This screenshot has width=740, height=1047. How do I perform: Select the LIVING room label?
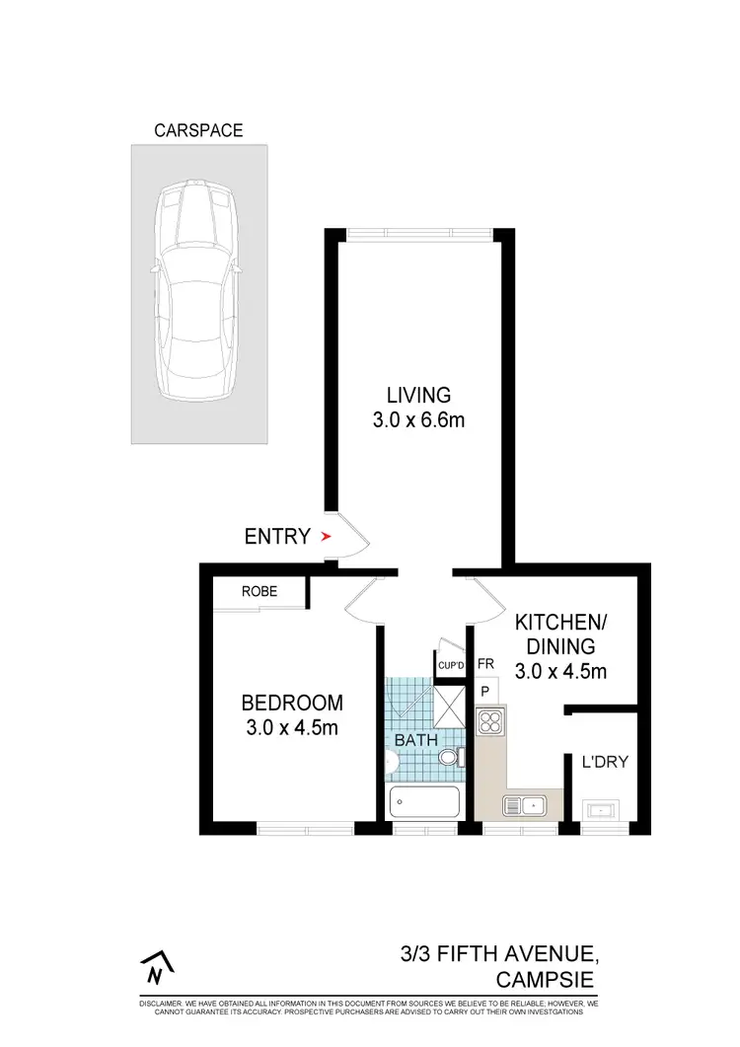click(x=417, y=395)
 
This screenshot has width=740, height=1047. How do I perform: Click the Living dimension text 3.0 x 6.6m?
click(x=417, y=421)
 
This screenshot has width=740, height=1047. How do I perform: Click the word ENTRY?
click(x=277, y=538)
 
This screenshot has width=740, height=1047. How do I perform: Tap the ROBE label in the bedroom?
click(x=259, y=592)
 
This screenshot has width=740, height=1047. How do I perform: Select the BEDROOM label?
click(x=292, y=704)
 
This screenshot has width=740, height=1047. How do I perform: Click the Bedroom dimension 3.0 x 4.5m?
click(x=292, y=729)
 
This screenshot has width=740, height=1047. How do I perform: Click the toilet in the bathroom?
click(x=450, y=758)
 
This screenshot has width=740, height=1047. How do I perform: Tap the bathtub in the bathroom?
click(x=424, y=802)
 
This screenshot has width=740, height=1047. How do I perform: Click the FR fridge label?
click(x=485, y=664)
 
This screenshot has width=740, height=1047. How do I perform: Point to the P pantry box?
click(x=485, y=692)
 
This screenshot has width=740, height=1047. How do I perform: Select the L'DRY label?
click(x=604, y=762)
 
